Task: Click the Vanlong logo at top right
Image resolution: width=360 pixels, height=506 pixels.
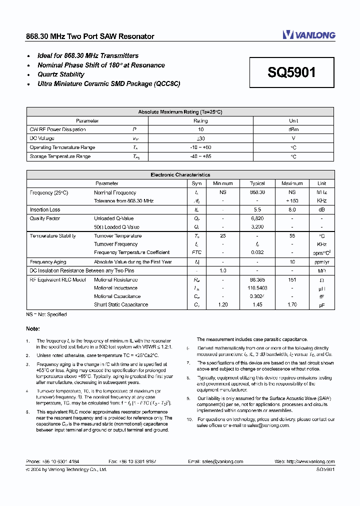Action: click(308, 34)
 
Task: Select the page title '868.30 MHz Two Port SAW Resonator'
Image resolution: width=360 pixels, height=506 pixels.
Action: click(90, 36)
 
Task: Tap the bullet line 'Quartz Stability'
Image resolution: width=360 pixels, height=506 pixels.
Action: click(61, 74)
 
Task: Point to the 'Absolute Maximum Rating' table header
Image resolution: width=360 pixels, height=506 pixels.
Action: click(180, 112)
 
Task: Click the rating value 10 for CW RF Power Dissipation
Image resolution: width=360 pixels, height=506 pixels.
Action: click(200, 129)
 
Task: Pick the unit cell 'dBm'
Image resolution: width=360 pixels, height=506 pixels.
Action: click(293, 129)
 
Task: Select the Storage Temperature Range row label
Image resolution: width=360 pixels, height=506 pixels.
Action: click(60, 157)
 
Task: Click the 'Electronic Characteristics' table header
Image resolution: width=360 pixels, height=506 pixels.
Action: click(180, 175)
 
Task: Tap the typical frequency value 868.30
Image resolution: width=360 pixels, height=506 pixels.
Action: click(257, 192)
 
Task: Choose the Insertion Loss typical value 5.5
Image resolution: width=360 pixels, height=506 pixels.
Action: click(257, 210)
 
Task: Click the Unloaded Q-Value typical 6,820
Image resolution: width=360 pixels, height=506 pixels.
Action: click(257, 218)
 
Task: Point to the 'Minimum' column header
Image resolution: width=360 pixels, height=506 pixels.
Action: click(223, 183)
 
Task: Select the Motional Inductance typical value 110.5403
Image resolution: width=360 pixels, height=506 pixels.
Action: click(257, 288)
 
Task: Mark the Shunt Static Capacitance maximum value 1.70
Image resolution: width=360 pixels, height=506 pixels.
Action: click(292, 304)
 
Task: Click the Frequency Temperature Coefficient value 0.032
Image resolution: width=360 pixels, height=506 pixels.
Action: click(257, 252)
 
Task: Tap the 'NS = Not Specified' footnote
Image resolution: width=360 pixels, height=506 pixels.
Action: click(46, 314)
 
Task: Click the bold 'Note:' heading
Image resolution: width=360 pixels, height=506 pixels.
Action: click(33, 329)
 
